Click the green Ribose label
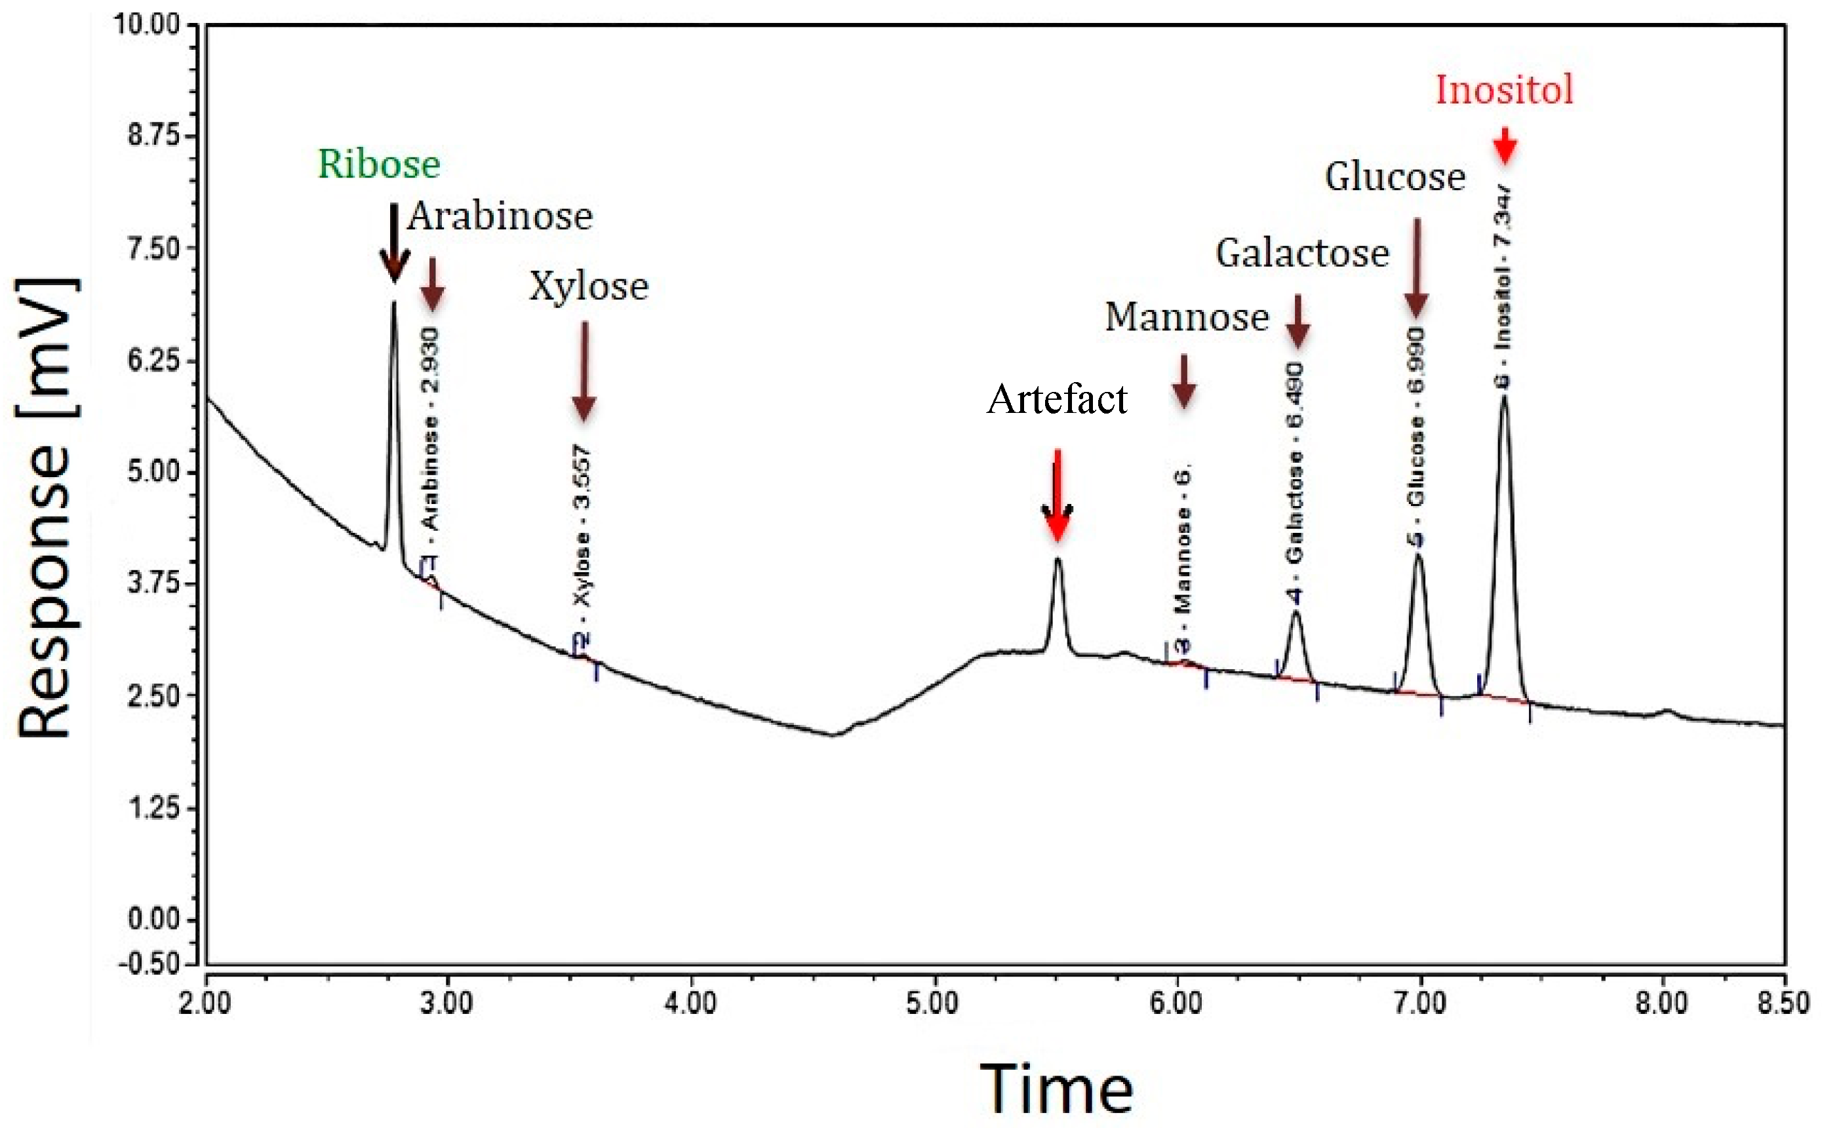click(378, 165)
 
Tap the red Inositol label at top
click(1504, 90)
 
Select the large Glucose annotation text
click(1395, 178)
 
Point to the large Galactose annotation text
click(1302, 254)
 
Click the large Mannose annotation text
click(1186, 317)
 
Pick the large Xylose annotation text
click(589, 286)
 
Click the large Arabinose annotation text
click(500, 216)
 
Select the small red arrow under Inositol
click(1505, 146)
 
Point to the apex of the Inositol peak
click(1504, 397)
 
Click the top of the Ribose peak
click(394, 303)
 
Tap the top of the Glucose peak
click(1418, 555)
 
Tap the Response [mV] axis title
click(47, 507)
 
